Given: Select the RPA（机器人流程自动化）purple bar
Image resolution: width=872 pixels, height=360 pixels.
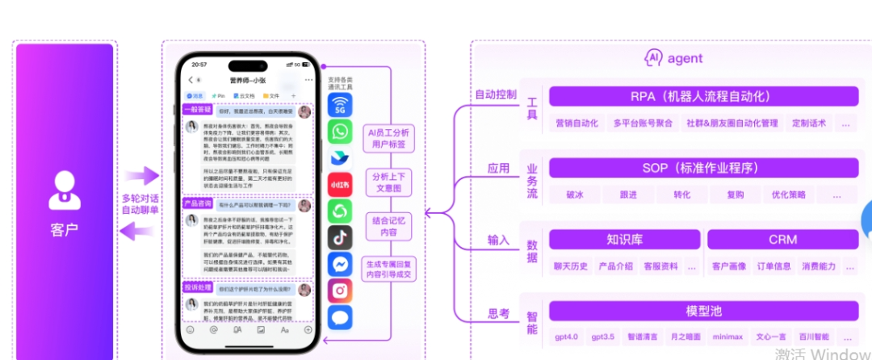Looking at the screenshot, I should [701, 97].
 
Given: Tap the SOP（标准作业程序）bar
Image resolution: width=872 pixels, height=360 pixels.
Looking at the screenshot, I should [701, 168].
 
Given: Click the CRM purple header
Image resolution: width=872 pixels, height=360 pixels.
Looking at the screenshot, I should [782, 240].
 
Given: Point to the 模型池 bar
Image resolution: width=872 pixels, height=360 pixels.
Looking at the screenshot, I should [701, 312].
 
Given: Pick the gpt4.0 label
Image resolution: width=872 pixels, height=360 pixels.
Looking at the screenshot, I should [566, 336].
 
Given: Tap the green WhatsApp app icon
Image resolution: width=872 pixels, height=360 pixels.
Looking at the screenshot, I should [340, 132].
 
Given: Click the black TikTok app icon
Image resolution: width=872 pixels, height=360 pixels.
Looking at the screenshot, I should [340, 237].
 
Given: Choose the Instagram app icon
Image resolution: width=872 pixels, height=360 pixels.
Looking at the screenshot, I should [340, 290].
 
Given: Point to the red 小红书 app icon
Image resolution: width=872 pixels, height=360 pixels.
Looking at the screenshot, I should [340, 185].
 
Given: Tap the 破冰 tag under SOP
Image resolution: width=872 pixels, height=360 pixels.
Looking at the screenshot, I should [575, 195].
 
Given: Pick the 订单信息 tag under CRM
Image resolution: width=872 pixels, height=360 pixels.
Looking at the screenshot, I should [773, 266].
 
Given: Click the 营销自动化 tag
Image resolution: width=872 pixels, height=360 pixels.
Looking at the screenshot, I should [576, 123].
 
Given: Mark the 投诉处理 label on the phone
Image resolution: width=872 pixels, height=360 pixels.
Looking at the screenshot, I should [198, 287].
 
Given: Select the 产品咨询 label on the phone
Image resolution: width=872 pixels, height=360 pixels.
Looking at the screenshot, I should [198, 203].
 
